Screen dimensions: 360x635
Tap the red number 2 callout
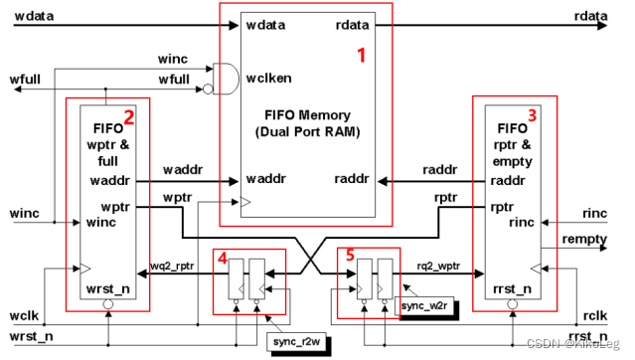point(128,127)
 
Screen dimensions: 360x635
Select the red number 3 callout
point(533,115)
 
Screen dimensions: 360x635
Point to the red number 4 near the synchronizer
point(223,257)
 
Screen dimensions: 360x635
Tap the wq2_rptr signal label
point(171,267)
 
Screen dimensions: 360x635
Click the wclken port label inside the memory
point(268,79)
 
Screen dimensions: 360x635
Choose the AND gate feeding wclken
point(229,79)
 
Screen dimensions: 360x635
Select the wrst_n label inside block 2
point(106,288)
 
